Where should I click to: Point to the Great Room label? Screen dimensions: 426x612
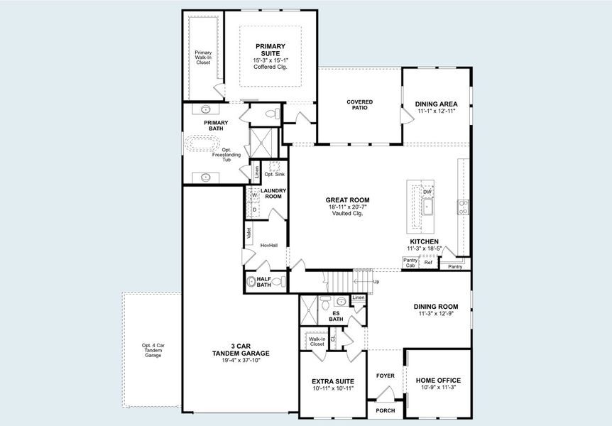tap(347, 200)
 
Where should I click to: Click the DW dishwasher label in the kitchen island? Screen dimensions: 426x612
tap(427, 192)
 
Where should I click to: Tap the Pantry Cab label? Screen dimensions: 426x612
tap(410, 263)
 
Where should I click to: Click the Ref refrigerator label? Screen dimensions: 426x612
tap(428, 263)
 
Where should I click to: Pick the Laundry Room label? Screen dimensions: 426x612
tap(273, 193)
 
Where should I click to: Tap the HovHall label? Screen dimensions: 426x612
tap(268, 245)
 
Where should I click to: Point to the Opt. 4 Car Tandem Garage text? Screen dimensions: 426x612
tap(153, 350)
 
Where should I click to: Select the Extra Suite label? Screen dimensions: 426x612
tap(332, 382)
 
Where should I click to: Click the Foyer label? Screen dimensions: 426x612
tap(385, 376)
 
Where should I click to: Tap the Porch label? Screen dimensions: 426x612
tap(385, 410)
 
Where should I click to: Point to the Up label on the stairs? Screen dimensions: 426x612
tap(376, 282)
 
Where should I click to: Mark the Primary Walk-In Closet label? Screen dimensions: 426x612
tap(203, 58)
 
